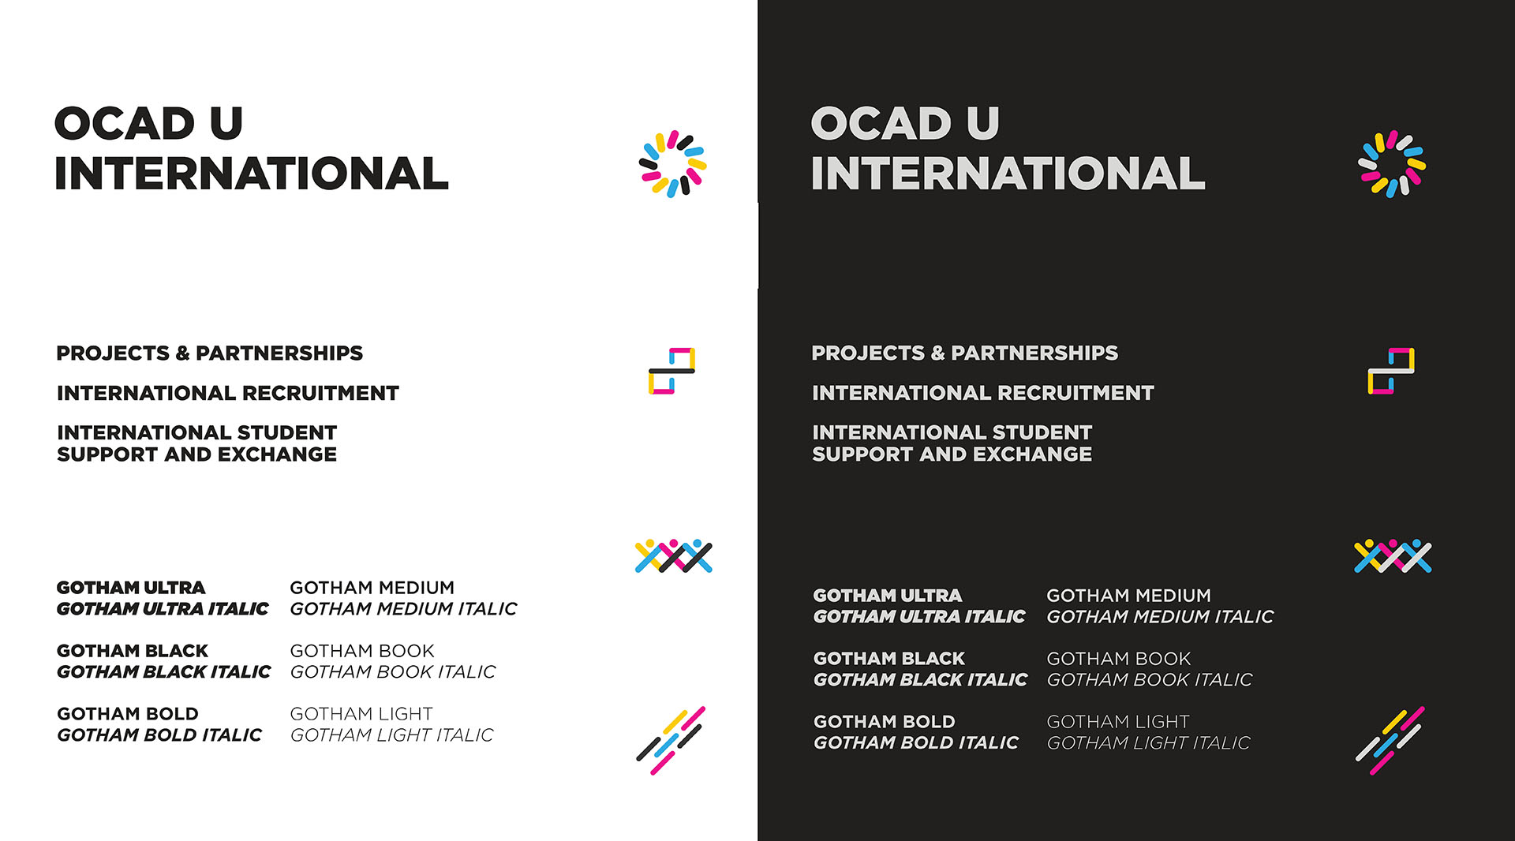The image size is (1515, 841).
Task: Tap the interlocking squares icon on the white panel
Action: (x=671, y=370)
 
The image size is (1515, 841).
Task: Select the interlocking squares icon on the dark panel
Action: (x=1391, y=370)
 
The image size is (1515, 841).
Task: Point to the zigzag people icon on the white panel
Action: (x=674, y=557)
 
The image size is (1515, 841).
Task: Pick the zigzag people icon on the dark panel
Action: (x=1393, y=557)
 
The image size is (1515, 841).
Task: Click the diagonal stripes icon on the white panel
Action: (x=671, y=741)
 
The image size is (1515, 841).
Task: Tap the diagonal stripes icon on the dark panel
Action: (x=1390, y=741)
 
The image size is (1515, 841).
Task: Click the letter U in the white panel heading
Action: (x=226, y=123)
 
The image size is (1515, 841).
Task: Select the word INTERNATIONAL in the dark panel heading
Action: (x=1008, y=174)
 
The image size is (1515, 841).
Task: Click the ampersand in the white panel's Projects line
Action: (x=182, y=353)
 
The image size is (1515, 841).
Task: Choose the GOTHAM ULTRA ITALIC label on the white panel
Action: (x=163, y=609)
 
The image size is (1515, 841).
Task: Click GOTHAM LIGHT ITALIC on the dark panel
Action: (x=1148, y=743)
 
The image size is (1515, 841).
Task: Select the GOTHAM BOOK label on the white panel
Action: (x=362, y=651)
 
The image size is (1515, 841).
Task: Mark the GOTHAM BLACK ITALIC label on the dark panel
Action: (x=920, y=680)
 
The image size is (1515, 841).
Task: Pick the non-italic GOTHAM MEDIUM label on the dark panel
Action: (x=1128, y=596)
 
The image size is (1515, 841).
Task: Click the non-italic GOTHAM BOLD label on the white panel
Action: (x=128, y=714)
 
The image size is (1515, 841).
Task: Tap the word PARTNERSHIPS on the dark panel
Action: (x=1034, y=353)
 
